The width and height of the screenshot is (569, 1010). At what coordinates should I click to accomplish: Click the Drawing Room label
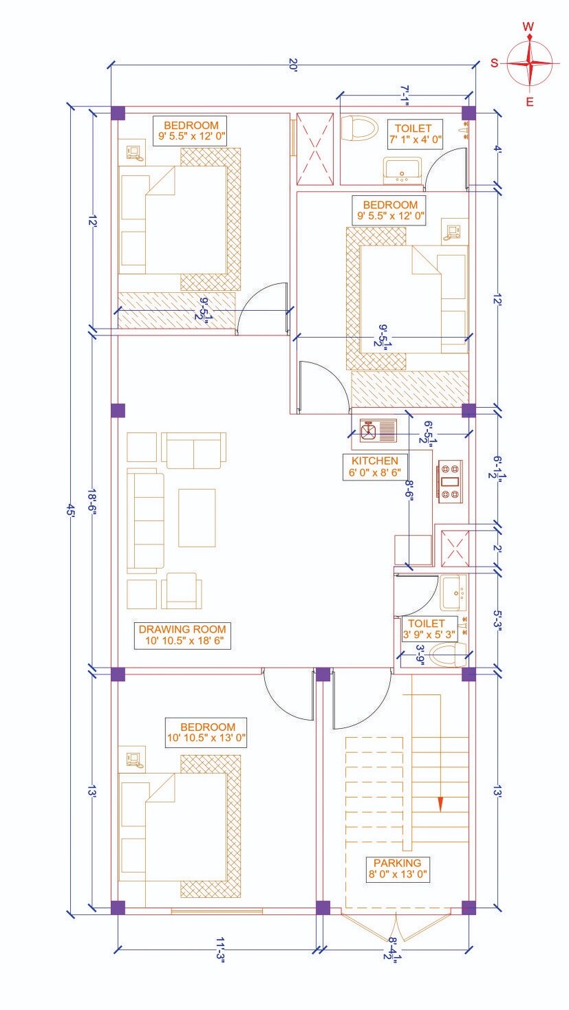[182, 635]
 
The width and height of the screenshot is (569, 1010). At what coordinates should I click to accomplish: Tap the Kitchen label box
[374, 467]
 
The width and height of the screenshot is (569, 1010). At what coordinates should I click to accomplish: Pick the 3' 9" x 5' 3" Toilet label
[429, 629]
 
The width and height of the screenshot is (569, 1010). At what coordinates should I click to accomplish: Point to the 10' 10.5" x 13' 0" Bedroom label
[206, 732]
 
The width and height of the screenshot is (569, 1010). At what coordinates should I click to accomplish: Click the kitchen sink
[378, 430]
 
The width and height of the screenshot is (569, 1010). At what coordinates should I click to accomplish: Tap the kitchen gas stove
[449, 481]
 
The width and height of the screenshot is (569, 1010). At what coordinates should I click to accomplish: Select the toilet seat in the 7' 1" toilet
[358, 129]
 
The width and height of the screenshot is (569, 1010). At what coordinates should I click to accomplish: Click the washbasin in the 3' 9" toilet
[453, 593]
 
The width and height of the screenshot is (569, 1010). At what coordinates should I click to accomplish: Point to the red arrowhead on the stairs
[440, 804]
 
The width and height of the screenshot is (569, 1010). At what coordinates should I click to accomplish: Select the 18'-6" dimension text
[92, 501]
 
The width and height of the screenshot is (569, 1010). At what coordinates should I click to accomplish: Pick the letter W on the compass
[528, 27]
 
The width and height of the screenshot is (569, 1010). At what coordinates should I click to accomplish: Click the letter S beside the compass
[495, 63]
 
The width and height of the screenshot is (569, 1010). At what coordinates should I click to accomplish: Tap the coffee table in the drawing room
[197, 518]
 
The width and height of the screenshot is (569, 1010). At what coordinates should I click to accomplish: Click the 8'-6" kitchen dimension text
[409, 490]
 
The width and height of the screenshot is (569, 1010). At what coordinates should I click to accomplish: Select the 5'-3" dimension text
[497, 621]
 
